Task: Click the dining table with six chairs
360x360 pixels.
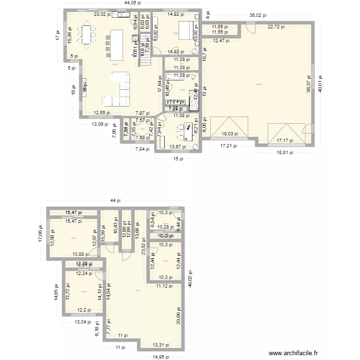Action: pyautogui.click(x=87, y=36)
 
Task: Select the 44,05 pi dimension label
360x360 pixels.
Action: pyautogui.click(x=133, y=3)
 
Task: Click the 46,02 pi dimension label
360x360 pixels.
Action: pyautogui.click(x=190, y=278)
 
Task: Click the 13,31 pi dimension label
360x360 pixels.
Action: pyautogui.click(x=161, y=344)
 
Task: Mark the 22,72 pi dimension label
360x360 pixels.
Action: pyautogui.click(x=276, y=27)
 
